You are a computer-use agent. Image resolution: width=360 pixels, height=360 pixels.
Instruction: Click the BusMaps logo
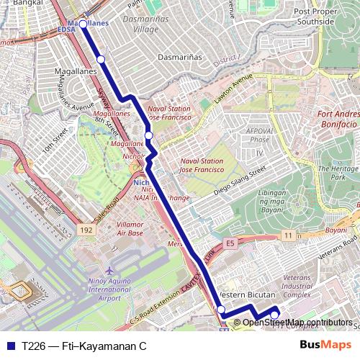pyautogui.click(x=325, y=346)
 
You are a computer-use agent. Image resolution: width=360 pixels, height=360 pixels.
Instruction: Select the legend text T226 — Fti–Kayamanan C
pyautogui.click(x=84, y=346)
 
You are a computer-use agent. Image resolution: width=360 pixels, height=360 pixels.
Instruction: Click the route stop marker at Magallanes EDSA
pyautogui.click(x=83, y=24)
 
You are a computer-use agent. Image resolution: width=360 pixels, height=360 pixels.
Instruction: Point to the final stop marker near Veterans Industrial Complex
pyautogui.click(x=274, y=314)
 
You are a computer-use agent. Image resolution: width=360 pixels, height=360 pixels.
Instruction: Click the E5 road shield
pyautogui.click(x=228, y=242)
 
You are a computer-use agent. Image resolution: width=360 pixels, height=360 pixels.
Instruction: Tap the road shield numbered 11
pyautogui.click(x=289, y=235)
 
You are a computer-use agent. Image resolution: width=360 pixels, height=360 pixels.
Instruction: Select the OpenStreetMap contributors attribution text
pyautogui.click(x=297, y=323)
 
